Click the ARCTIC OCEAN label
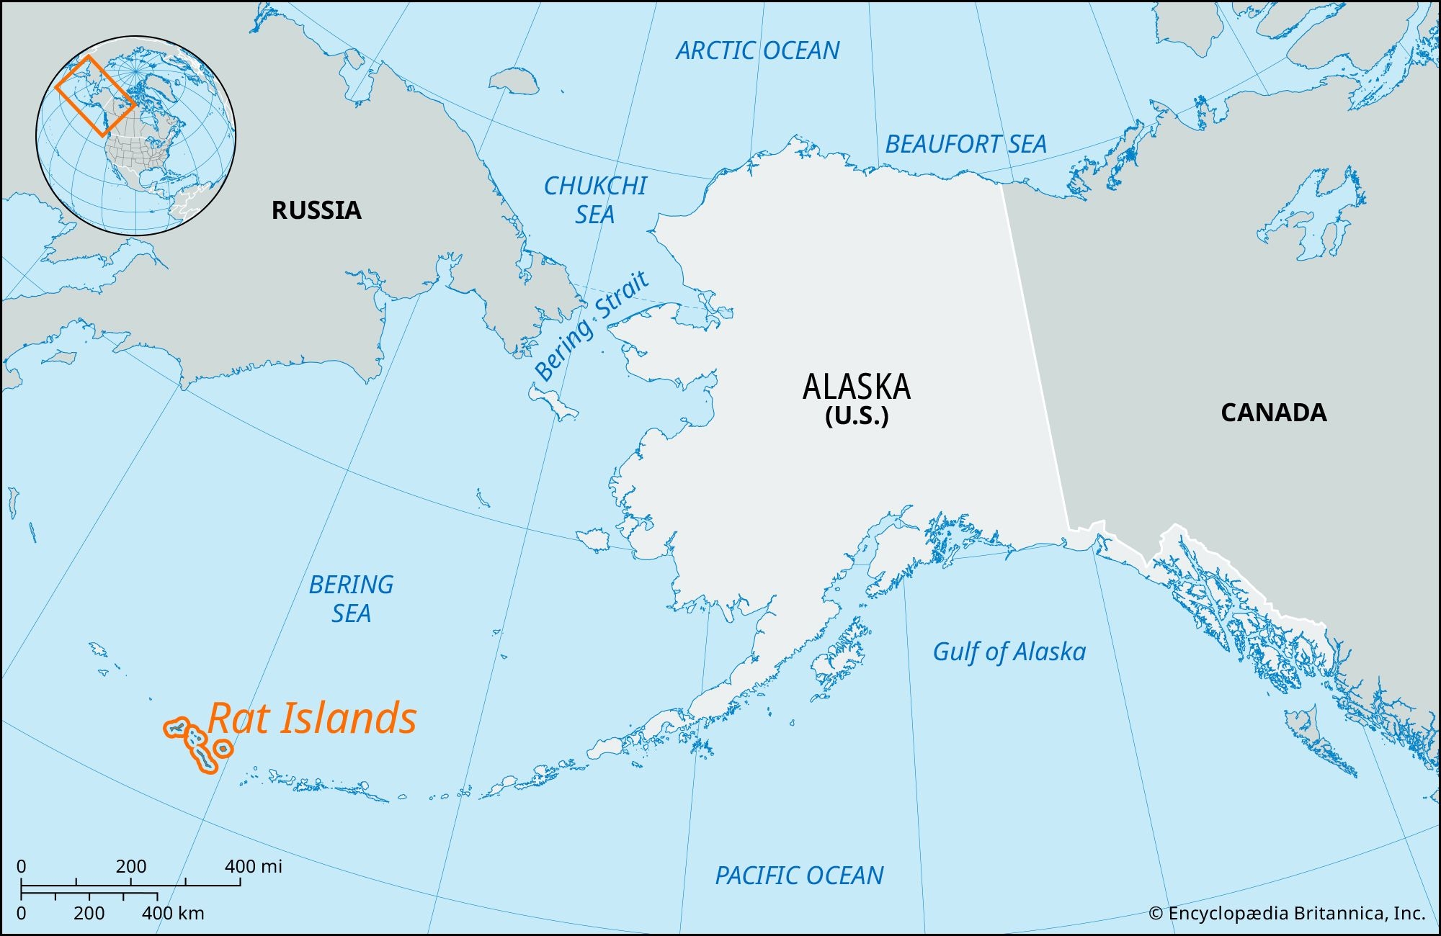(x=757, y=51)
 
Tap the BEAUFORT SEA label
(x=965, y=145)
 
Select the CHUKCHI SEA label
(x=595, y=200)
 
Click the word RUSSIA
(x=316, y=210)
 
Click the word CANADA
(x=1273, y=413)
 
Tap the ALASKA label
(x=856, y=387)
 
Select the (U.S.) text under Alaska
(x=856, y=416)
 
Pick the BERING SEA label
(x=351, y=599)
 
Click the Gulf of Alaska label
(x=1009, y=652)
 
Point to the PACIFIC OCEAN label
(x=799, y=876)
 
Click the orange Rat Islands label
(x=312, y=719)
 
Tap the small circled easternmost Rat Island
(x=223, y=750)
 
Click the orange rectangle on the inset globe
(x=95, y=96)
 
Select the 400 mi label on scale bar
(x=253, y=866)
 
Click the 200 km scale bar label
(x=89, y=914)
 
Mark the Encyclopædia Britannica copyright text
(x=1286, y=914)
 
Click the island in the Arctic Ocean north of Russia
(x=513, y=80)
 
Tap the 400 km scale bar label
(x=173, y=914)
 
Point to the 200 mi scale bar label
(x=130, y=866)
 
